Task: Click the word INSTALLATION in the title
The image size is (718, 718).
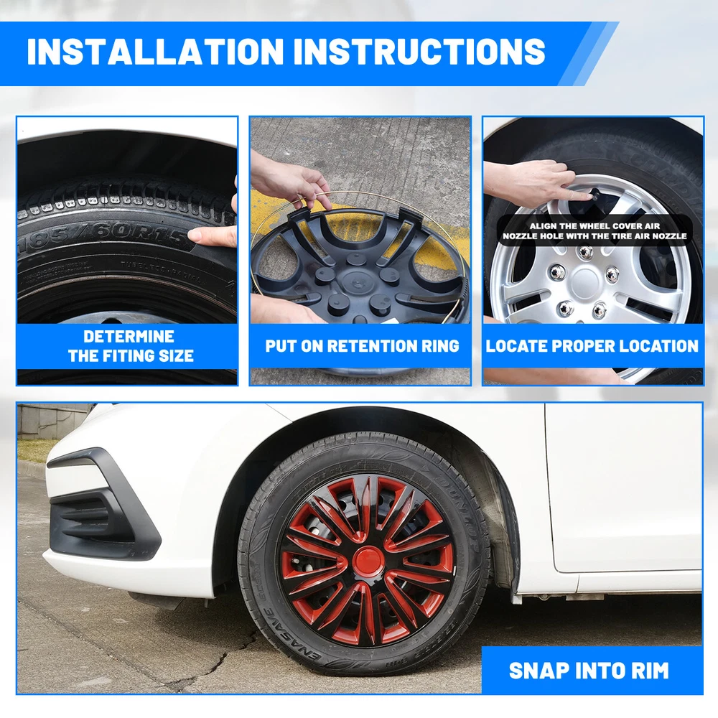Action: point(155,51)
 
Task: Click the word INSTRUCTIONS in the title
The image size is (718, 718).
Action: point(419,51)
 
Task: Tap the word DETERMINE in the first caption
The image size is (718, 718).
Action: point(129,337)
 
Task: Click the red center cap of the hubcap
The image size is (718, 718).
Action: point(368,561)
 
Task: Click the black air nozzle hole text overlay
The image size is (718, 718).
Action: point(595,230)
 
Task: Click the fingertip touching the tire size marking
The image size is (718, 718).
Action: point(195,235)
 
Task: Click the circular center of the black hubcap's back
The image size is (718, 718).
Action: point(356,279)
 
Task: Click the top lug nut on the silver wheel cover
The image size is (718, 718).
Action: point(584,252)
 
